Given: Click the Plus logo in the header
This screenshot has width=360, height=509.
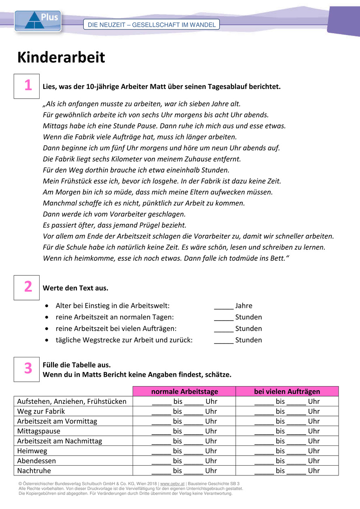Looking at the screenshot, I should tap(38, 21).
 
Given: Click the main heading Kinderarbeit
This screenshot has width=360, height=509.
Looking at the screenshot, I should tap(61, 57).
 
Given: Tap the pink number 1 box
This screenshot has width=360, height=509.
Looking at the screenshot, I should tap(27, 86).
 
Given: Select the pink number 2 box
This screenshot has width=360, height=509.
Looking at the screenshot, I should tap(27, 287).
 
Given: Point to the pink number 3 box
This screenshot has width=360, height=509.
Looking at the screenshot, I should tap(27, 369).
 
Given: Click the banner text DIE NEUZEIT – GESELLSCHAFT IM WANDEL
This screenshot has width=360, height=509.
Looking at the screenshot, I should tap(151, 25).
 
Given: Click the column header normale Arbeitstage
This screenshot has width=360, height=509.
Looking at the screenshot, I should tap(184, 391).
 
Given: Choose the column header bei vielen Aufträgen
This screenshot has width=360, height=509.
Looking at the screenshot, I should tap(287, 391).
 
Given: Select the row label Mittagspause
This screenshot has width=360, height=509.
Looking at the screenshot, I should tap(38, 431).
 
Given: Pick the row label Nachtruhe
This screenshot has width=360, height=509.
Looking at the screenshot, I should tap(34, 471).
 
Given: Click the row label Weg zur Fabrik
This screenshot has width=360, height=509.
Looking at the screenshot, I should tap(41, 411).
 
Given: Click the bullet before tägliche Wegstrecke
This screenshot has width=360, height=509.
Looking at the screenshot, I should tap(48, 340).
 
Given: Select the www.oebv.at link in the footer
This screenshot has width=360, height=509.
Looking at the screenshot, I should tap(172, 484).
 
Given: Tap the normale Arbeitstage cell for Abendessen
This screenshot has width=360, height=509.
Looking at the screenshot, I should tap(184, 460).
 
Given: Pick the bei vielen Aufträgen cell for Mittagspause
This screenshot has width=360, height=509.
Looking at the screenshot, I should tap(287, 431).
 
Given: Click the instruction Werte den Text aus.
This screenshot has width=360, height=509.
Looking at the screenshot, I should tap(75, 288).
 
